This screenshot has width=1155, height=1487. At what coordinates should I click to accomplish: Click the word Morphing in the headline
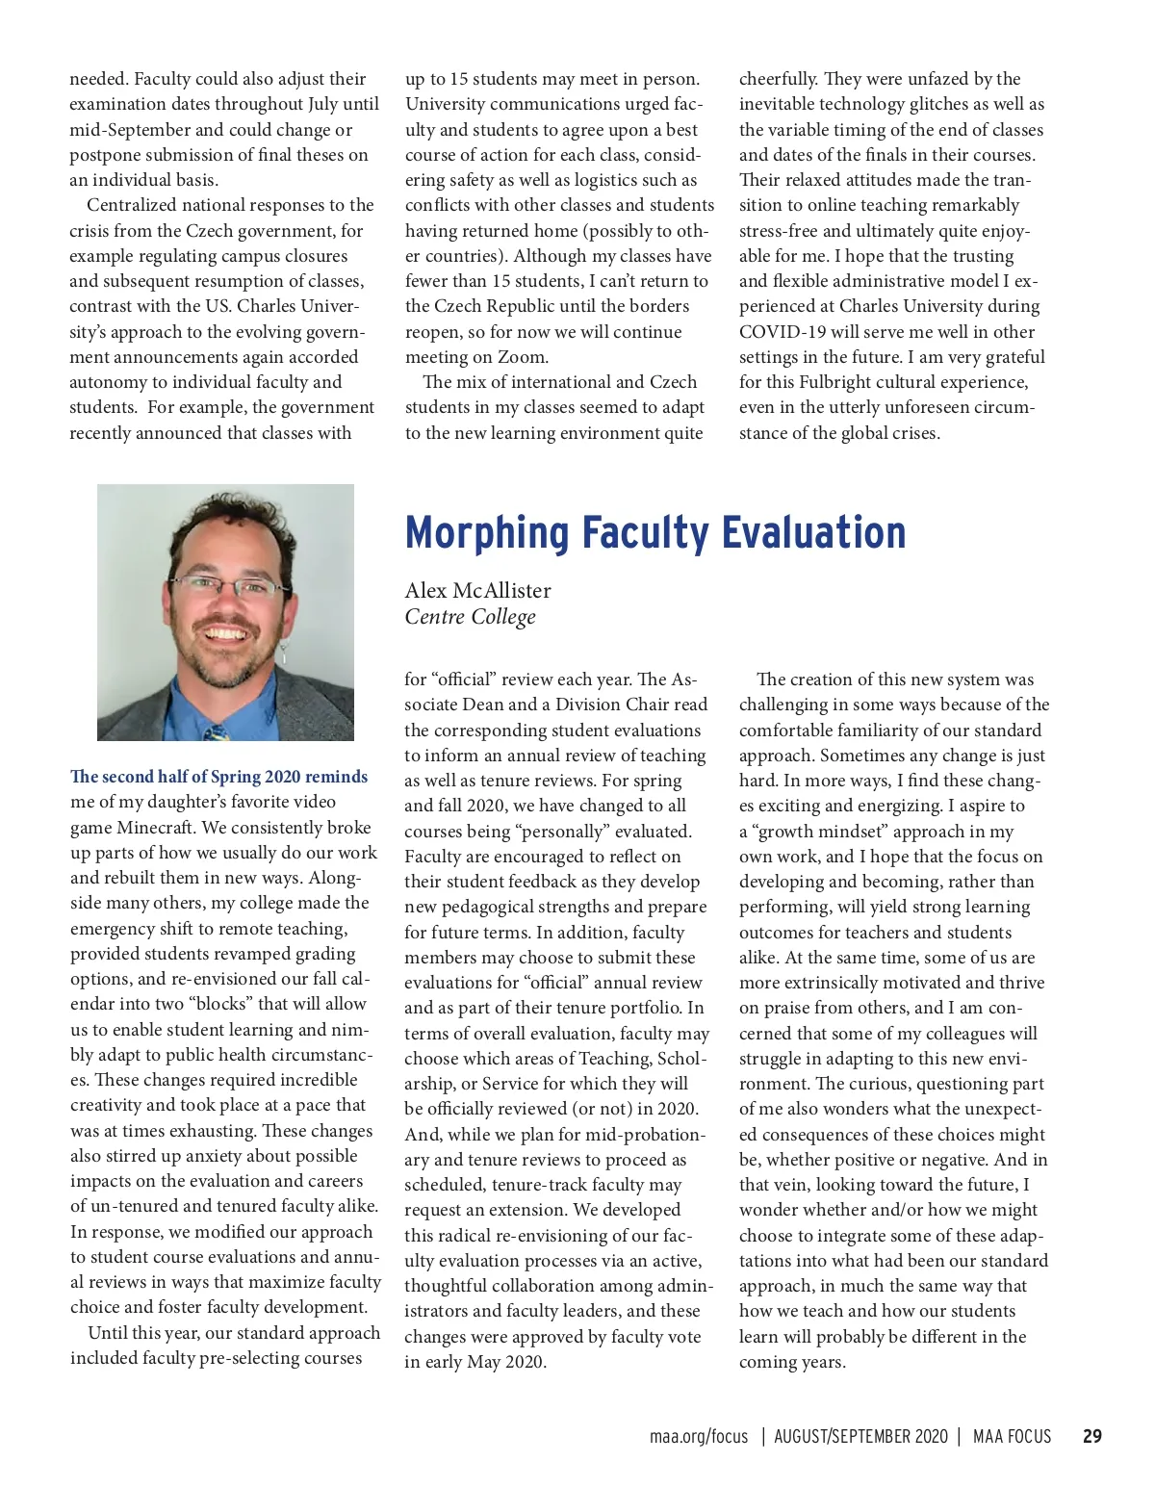click(x=487, y=533)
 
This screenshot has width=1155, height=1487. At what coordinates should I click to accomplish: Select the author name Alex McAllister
click(x=477, y=590)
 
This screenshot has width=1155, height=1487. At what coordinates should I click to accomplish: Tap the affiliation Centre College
click(x=470, y=617)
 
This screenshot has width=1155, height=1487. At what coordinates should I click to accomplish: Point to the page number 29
click(x=1091, y=1437)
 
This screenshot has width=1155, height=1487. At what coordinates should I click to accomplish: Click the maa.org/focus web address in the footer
click(x=698, y=1437)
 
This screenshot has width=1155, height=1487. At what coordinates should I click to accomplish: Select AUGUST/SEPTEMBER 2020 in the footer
click(x=860, y=1437)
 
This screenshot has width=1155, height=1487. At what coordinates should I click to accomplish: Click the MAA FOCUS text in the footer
click(x=1012, y=1437)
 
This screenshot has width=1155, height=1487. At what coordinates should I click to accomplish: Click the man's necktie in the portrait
click(x=217, y=732)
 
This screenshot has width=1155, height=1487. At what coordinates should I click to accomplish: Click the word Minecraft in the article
click(x=156, y=828)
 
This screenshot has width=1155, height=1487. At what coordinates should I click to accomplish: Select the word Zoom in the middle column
click(x=522, y=357)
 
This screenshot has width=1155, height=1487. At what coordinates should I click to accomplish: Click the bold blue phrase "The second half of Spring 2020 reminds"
click(x=218, y=777)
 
